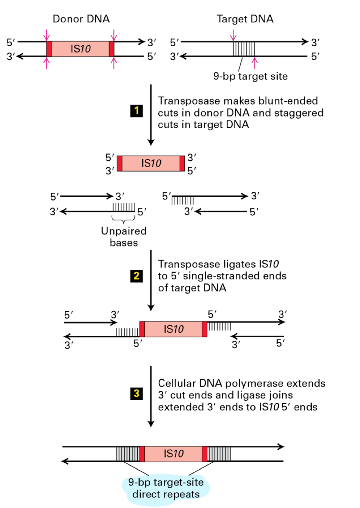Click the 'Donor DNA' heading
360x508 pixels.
(x=81, y=19)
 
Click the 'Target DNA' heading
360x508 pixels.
(x=245, y=19)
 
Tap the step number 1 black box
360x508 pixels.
(x=136, y=111)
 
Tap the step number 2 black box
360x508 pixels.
(x=136, y=276)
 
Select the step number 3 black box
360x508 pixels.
(x=136, y=393)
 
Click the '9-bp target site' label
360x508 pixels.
(x=250, y=76)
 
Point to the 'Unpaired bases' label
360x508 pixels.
(x=123, y=237)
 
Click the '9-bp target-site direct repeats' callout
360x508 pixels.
(x=166, y=488)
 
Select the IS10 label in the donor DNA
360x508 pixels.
(x=80, y=49)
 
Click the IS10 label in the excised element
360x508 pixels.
(x=151, y=164)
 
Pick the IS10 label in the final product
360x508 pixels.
(x=174, y=454)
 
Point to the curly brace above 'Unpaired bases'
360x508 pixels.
(x=123, y=219)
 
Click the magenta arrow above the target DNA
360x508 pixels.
(x=233, y=35)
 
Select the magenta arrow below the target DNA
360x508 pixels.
(x=255, y=63)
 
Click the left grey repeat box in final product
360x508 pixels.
(x=127, y=454)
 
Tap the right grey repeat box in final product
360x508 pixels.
(x=219, y=454)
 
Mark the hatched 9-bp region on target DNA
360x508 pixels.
(x=244, y=49)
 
